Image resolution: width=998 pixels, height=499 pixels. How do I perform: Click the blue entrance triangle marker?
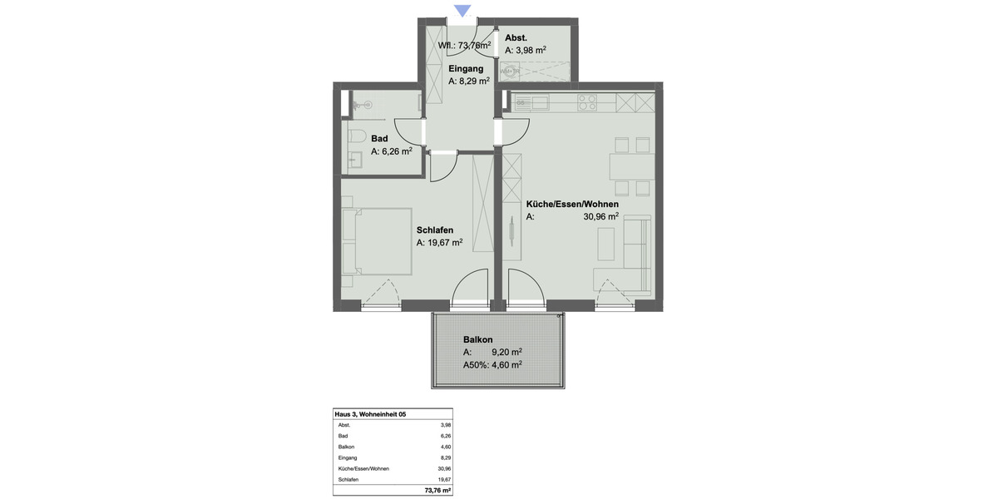click(463, 11)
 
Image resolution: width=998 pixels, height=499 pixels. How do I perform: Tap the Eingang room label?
click(467, 68)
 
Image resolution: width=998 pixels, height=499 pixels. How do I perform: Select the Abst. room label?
click(516, 37)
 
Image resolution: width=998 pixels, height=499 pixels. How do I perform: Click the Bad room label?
click(379, 138)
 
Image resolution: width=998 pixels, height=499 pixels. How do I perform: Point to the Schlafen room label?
click(435, 230)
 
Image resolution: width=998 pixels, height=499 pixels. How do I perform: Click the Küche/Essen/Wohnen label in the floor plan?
click(572, 204)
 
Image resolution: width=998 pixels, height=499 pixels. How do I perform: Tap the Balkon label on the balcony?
click(478, 339)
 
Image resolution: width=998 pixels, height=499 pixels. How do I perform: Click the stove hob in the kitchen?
click(587, 102)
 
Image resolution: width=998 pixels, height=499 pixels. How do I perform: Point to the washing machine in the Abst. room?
click(511, 72)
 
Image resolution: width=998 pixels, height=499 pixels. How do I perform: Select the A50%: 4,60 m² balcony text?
click(492, 364)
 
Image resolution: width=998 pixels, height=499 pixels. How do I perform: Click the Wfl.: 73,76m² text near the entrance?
click(464, 46)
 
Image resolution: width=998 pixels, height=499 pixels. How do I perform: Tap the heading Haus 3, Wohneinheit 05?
click(370, 414)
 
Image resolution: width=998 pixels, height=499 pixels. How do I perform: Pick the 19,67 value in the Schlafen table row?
click(445, 479)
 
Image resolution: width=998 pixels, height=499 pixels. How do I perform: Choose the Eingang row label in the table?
click(348, 457)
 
